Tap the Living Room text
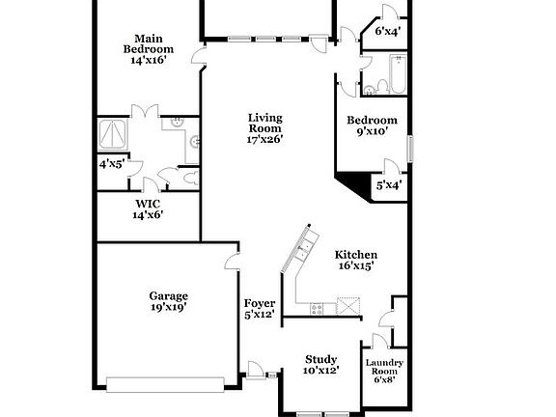tap(264, 123)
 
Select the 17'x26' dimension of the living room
tap(264, 139)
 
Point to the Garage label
tap(168, 295)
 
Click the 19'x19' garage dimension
tap(168, 307)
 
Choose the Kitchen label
tap(355, 255)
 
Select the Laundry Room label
tap(382, 368)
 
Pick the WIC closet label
tap(148, 204)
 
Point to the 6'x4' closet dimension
tap(388, 31)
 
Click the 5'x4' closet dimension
tap(389, 184)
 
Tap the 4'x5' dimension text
tap(111, 164)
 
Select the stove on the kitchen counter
tap(316, 308)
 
